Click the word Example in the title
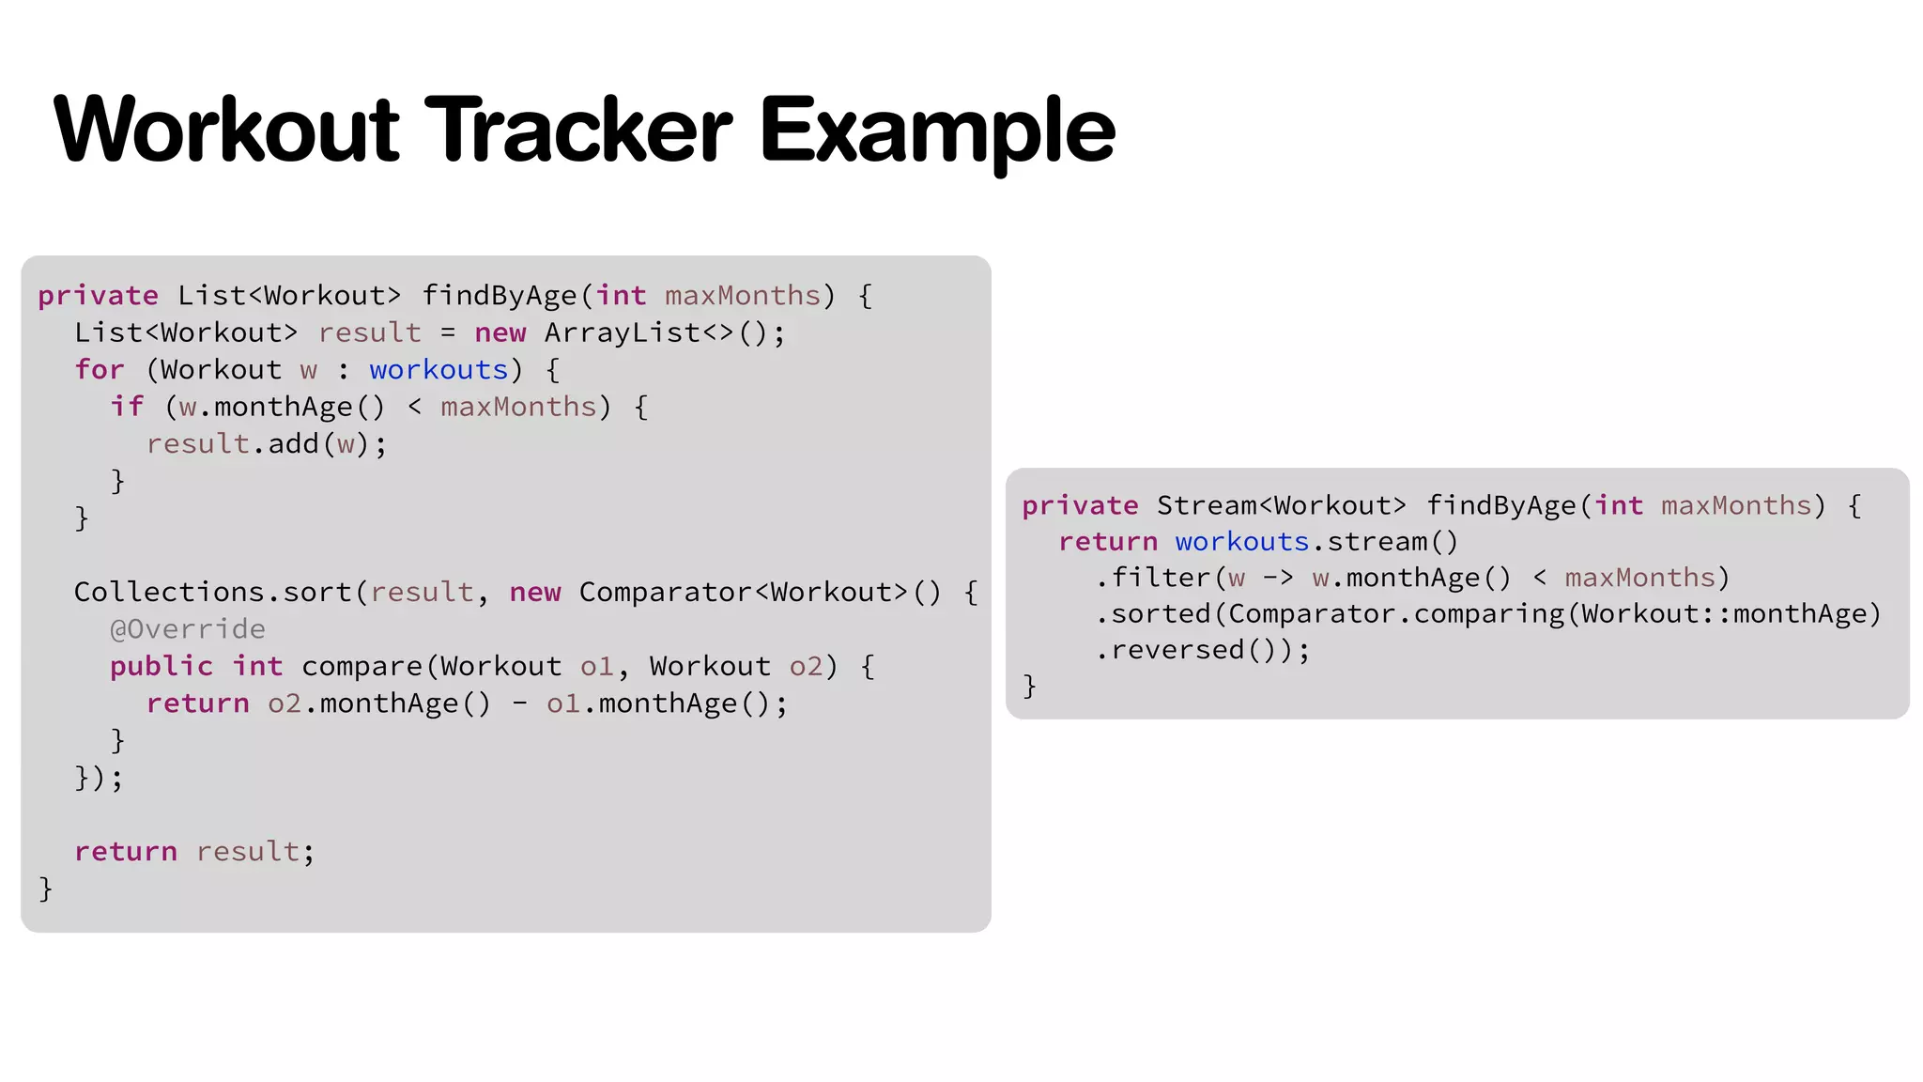point(936,131)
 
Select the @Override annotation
point(188,629)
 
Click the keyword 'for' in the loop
point(100,370)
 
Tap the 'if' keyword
point(128,407)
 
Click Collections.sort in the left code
point(212,593)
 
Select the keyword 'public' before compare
point(162,667)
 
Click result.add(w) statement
point(266,444)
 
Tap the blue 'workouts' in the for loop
point(438,370)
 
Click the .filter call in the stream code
point(1153,579)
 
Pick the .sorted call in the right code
point(1153,614)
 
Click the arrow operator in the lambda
point(1278,579)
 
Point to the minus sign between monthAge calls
point(519,703)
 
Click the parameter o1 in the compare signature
point(596,667)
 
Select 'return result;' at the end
point(194,852)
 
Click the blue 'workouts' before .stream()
point(1241,542)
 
